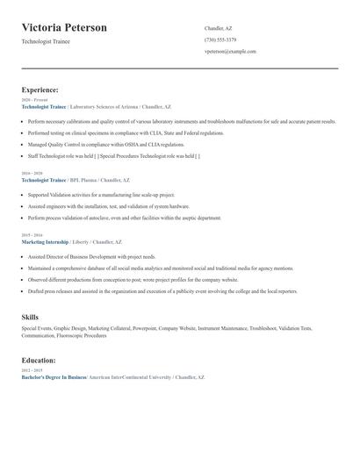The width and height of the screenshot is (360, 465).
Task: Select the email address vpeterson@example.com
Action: click(x=230, y=52)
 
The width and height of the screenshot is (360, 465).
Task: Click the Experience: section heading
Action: click(x=40, y=89)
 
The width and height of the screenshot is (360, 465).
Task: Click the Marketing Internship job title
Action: click(x=44, y=241)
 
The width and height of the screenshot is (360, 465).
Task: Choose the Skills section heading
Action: click(x=30, y=316)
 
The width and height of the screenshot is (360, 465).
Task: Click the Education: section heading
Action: click(x=40, y=360)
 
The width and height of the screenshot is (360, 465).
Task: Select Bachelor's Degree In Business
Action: click(x=53, y=376)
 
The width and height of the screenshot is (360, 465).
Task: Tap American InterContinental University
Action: click(x=128, y=376)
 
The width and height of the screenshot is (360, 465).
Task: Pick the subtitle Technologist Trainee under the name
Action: click(x=46, y=41)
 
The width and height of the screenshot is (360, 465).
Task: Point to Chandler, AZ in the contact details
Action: click(x=218, y=28)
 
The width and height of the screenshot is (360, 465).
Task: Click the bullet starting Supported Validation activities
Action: click(x=101, y=194)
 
